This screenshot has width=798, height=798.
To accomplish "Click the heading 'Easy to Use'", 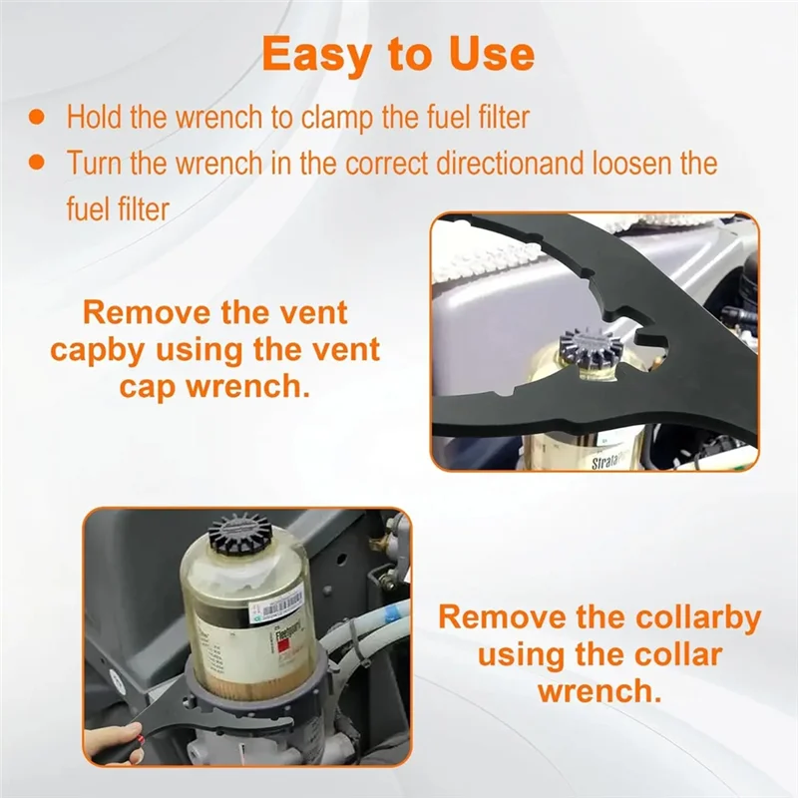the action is coord(398,55).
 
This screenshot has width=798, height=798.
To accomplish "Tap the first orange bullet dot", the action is coord(37,117).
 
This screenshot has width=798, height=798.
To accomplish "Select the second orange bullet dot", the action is coord(37,163).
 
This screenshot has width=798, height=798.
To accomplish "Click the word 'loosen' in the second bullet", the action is coord(633,163).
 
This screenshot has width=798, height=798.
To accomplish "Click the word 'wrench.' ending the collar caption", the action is coord(600,692).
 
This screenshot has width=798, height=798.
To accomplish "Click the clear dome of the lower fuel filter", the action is coord(244,570).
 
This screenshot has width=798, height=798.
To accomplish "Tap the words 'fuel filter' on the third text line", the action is coord(118,208).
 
